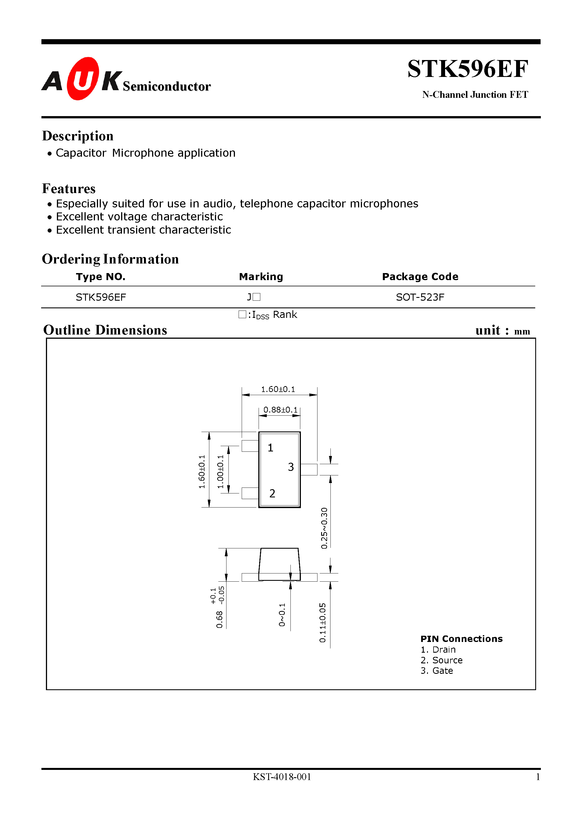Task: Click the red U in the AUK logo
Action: click(83, 79)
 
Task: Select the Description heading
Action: click(78, 136)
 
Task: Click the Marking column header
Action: click(261, 277)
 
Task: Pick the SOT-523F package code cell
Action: click(420, 297)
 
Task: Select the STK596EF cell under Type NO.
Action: click(101, 297)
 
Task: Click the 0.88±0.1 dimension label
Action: click(280, 409)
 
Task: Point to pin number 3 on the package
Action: click(291, 467)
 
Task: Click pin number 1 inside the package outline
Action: click(270, 448)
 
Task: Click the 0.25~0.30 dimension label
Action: click(324, 528)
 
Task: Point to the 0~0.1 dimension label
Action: click(282, 615)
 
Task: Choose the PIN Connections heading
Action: click(461, 639)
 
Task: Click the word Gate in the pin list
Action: click(443, 671)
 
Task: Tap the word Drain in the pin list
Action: click(444, 650)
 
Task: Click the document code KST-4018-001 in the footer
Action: click(282, 777)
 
